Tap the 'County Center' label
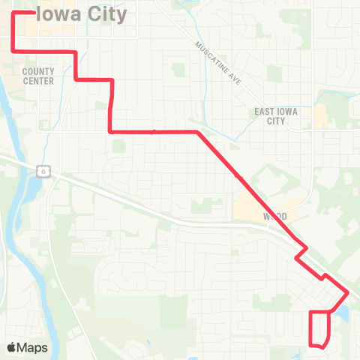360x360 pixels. coord(38,76)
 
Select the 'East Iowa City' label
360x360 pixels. coord(269,115)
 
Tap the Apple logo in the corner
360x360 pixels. coord(13,347)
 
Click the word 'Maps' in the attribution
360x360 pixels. coord(33,347)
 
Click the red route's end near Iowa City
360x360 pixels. coord(24,13)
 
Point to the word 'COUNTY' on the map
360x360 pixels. coord(38,71)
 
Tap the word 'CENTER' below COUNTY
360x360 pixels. coord(38,80)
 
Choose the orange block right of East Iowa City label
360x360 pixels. coord(320,115)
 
